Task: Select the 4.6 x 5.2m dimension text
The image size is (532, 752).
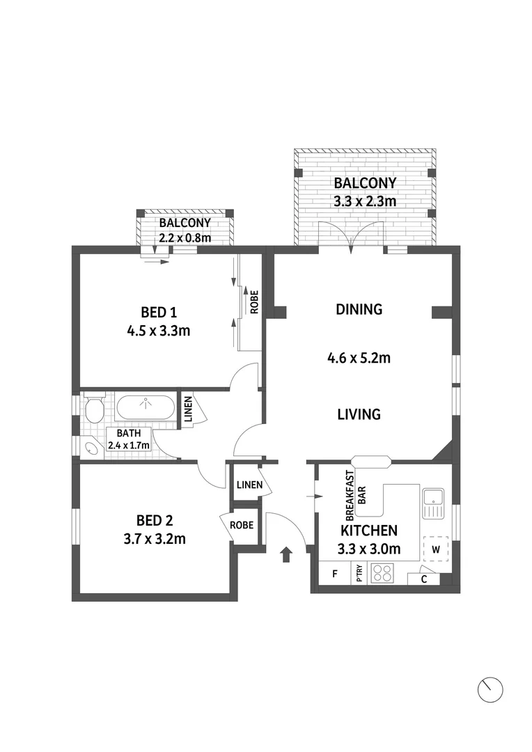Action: click(359, 359)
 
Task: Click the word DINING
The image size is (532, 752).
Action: click(359, 309)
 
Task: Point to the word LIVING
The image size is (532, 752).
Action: click(359, 414)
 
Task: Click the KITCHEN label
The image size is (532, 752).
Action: click(368, 530)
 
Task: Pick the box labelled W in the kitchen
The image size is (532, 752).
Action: click(436, 548)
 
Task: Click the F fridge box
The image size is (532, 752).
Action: click(335, 574)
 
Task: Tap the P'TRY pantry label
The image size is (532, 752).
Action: click(359, 574)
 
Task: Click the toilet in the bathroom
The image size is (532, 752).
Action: click(94, 409)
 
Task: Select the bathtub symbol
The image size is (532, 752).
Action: click(146, 407)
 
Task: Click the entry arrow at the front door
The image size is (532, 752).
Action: click(285, 554)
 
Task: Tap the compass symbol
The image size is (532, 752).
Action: click(490, 689)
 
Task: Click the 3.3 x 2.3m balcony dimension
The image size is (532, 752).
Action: click(365, 202)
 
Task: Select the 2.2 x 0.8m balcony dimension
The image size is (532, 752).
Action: click(185, 237)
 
